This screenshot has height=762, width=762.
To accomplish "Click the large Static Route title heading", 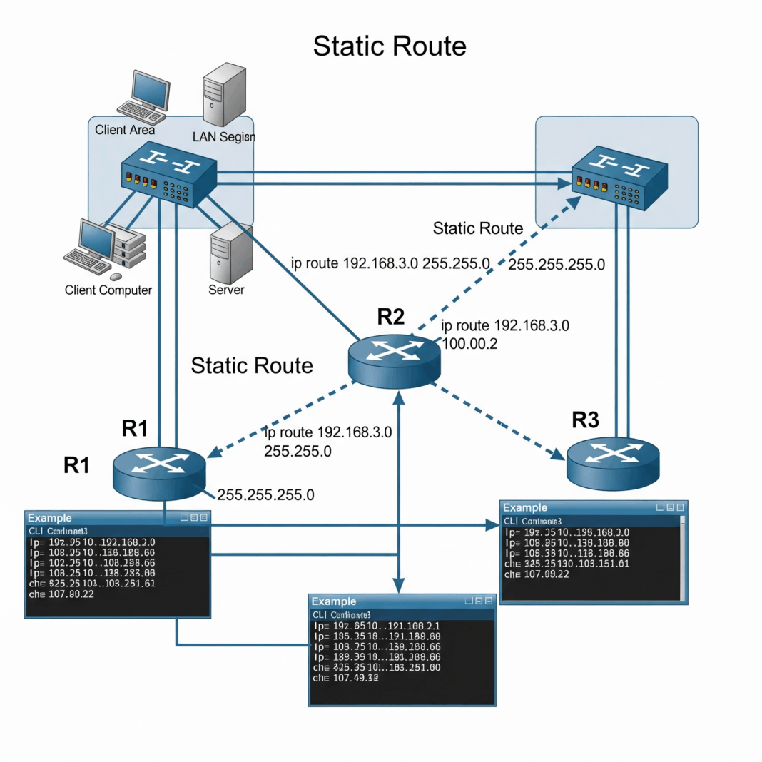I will point(390,46).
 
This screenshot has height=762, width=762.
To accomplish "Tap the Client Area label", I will point(125,130).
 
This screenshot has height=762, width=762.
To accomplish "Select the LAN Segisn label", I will point(223,136).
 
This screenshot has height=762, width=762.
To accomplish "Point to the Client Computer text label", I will point(108,290).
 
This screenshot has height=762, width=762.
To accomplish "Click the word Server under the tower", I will point(226,290).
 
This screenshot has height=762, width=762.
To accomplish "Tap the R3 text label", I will point(586,420).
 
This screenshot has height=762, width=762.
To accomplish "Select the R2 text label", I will point(390,317).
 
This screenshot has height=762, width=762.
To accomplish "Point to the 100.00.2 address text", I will point(470,344).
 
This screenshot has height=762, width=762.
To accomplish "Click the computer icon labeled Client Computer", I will point(100,247).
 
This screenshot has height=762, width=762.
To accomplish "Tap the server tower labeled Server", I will point(226,254).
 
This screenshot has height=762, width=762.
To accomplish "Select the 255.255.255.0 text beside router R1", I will point(265,494).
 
